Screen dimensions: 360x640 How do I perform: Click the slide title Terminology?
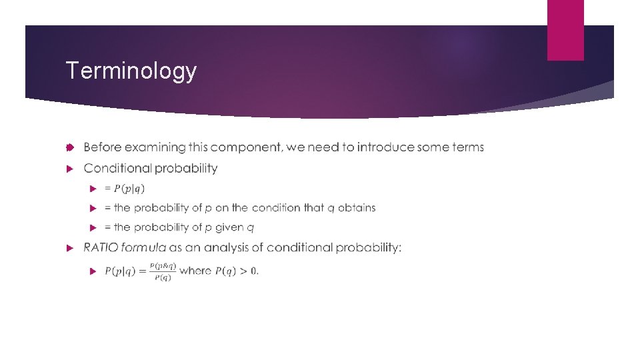131,71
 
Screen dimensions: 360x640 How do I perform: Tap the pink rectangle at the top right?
565,30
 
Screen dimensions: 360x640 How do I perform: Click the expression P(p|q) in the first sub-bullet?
130,189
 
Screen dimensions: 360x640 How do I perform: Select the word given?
230,228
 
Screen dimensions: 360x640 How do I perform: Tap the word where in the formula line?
195,271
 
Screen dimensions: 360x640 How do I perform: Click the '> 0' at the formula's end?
250,271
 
